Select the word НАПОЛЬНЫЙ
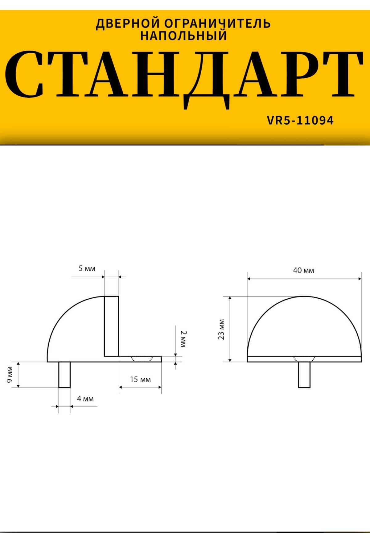[x=184, y=35]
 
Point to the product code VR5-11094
[x=300, y=120]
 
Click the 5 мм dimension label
[x=87, y=268]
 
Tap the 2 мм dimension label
[x=183, y=339]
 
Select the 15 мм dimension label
[x=140, y=379]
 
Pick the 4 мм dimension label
[x=85, y=399]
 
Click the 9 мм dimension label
[x=10, y=375]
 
